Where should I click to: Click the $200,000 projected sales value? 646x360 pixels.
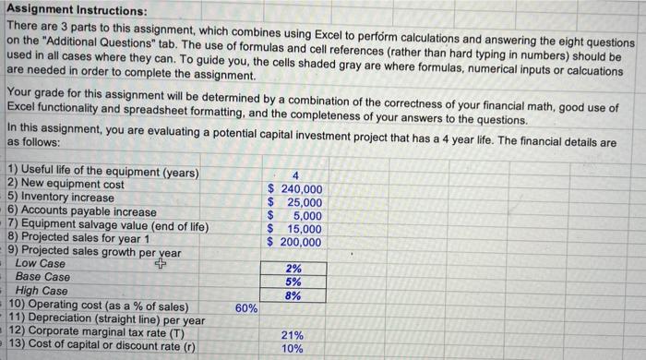[x=294, y=242]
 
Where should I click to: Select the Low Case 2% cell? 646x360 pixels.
[x=293, y=269]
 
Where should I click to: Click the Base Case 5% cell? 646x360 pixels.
[x=293, y=282]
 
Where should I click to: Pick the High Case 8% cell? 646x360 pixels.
[x=293, y=296]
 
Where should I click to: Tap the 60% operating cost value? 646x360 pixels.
[x=246, y=307]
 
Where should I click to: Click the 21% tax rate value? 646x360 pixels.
[x=293, y=335]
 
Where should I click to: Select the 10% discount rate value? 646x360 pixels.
[x=293, y=349]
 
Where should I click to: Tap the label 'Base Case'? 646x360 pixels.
[x=42, y=277]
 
